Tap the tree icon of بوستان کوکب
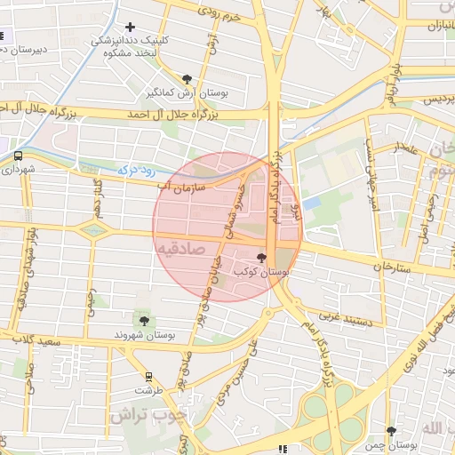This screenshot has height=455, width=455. coord(260,258)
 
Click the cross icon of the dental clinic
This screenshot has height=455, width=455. coord(132,28)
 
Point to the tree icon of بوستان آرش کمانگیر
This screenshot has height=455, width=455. coord(186,79)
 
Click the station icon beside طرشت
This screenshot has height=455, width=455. coord(148,376)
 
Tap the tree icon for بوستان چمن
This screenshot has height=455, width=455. coord(391,432)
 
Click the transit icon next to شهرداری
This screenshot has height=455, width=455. coord(19,156)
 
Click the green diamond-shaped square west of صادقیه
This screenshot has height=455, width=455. coord(92,231)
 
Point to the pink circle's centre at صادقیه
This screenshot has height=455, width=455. coord(227,227)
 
